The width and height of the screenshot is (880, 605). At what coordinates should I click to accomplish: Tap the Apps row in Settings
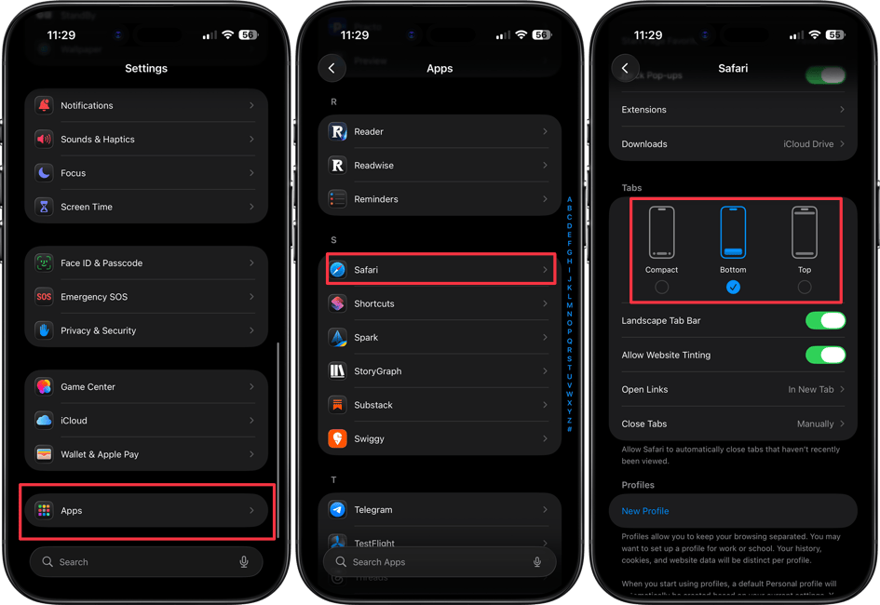coord(146,510)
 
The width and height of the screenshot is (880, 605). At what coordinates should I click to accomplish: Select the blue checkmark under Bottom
coord(733,288)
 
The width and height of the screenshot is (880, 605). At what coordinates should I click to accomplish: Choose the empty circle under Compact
coord(661,288)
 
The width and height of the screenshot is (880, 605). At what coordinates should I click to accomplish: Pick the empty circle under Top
coord(805,288)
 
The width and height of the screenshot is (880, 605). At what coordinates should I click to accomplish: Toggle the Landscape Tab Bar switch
coord(825,321)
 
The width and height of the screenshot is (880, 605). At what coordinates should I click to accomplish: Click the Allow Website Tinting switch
coord(825,355)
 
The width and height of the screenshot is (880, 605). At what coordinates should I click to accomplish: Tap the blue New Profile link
coord(645,511)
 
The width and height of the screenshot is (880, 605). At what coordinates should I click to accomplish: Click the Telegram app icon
coord(338,510)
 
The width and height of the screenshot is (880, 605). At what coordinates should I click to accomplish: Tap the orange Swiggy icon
coord(338,438)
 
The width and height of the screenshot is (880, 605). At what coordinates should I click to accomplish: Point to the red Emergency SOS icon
coord(44,297)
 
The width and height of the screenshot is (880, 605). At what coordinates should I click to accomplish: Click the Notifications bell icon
coord(44,106)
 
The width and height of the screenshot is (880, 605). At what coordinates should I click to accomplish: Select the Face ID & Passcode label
coord(102,263)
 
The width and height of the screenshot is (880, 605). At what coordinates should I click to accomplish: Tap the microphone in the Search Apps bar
coord(537,562)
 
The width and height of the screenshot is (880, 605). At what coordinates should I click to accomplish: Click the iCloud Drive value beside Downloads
coord(808,144)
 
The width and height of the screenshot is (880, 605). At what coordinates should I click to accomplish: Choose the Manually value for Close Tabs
coord(815,423)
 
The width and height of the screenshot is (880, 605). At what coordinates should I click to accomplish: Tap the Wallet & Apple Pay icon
coord(44,454)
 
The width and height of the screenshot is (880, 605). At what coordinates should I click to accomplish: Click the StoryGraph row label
coord(378,371)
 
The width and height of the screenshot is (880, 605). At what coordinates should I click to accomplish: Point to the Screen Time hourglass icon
coord(44,207)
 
